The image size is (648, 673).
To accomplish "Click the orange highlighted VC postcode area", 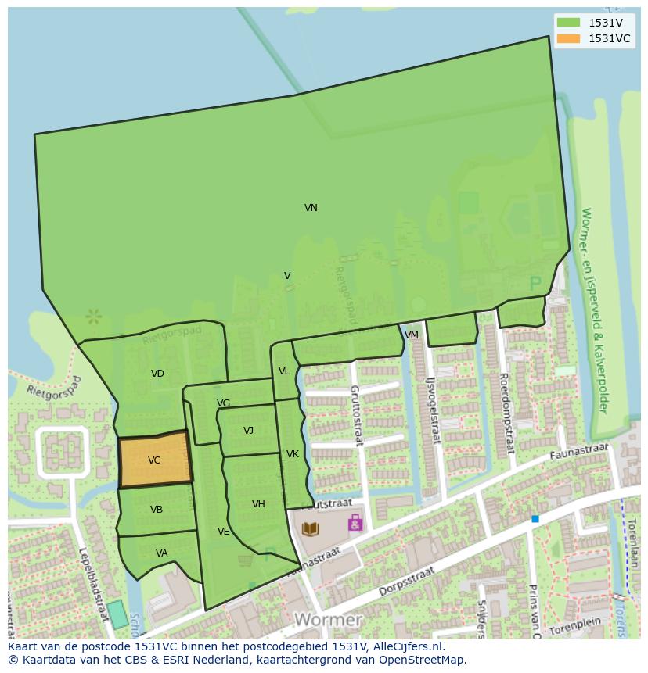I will point(154,460).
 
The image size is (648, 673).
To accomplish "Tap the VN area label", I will point(311,208).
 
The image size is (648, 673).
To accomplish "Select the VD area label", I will point(157,374).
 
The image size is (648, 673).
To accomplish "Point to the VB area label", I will point(157,510).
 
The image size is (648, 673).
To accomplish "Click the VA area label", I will point(161,553).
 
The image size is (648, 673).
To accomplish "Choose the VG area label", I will point(224,403).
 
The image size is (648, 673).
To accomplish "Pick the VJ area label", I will point(248,431).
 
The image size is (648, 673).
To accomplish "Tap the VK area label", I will point(293,454).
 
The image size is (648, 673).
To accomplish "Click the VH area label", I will point(258,504).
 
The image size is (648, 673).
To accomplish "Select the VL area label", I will point(284,371).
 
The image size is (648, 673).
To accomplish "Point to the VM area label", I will point(412,335).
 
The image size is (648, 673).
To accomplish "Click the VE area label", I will point(224,532).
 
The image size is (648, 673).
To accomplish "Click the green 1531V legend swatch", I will point(569,23).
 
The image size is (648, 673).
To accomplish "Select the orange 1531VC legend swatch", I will point(569,38).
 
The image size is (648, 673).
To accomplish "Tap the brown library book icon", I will point(311,529).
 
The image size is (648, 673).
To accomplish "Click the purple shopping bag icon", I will point(355,522).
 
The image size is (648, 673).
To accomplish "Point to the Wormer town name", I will point(328,620).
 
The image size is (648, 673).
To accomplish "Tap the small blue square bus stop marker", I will point(535,519).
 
